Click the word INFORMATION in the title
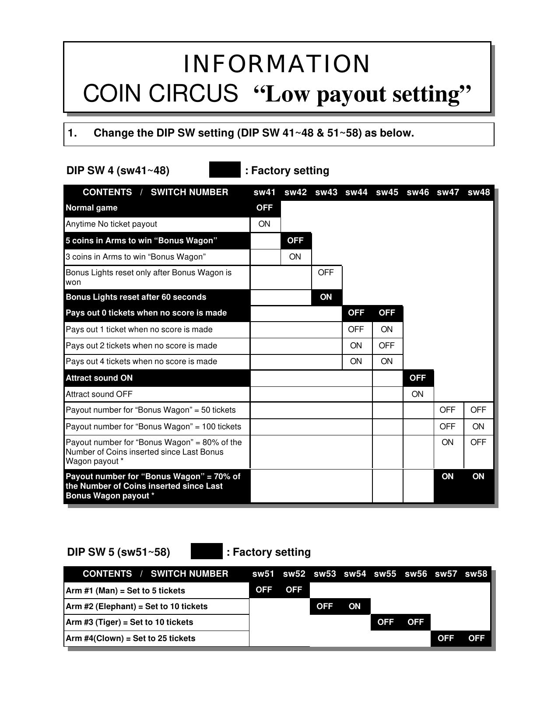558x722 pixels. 277,64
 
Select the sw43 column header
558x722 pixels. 326,192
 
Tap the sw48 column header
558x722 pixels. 478,192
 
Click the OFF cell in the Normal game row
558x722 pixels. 264,207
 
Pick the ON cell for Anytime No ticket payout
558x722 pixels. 264,224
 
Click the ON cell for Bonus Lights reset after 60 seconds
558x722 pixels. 326,297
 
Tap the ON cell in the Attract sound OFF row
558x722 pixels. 417,394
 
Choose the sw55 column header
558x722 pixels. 385,574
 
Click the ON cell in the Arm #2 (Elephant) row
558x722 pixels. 354,606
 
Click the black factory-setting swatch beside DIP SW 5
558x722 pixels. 207,551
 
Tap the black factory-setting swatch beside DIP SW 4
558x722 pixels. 225,170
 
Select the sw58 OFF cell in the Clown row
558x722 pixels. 476,638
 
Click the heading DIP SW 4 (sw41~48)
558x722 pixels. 118,170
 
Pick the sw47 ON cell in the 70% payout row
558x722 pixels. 447,477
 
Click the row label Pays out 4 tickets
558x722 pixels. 141,361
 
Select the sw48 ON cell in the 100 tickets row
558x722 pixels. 478,427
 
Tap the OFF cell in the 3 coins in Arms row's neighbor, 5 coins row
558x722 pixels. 295,240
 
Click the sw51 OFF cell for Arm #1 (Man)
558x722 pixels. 264,590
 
